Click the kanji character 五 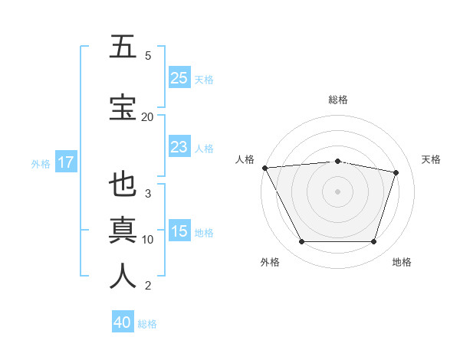click(123, 47)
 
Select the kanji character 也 click(123, 185)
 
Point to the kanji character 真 click(123, 231)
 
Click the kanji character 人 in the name click(123, 277)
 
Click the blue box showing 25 click(179, 78)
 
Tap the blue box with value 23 click(179, 147)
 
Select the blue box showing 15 click(179, 231)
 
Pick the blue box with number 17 click(65, 162)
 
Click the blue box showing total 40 click(123, 322)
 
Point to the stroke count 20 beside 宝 click(147, 116)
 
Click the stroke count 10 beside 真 click(147, 239)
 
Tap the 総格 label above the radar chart click(337, 100)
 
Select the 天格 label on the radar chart click(431, 159)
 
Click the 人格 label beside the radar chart click(245, 159)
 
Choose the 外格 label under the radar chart click(270, 262)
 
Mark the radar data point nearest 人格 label click(264, 168)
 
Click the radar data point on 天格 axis click(396, 172)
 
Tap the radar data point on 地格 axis click(373, 242)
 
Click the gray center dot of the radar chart click(337, 191)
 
